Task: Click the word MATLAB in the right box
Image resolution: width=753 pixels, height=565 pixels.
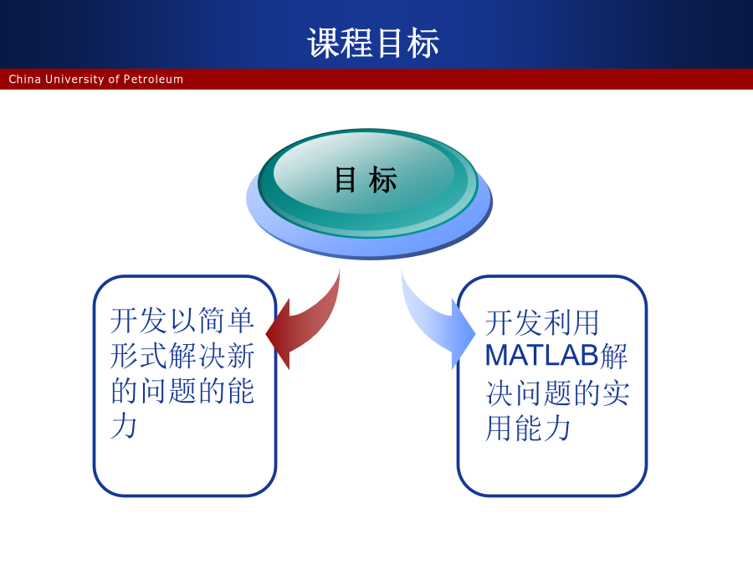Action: pos(542,356)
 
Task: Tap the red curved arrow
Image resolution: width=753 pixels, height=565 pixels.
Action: pos(307,322)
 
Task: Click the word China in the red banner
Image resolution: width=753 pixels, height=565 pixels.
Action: pos(24,79)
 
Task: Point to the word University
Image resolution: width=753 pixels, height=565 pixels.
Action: pos(74,80)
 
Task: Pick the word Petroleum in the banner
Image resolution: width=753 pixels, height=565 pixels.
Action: pos(153,79)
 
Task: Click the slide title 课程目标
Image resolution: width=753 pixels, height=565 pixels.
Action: pos(373,43)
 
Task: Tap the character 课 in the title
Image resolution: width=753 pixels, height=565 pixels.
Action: pos(323,43)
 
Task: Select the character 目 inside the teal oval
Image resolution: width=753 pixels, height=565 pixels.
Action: pos(346,180)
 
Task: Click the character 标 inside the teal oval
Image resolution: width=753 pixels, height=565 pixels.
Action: pos(382,180)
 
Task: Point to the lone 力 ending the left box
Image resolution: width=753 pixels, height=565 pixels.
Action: pos(124,425)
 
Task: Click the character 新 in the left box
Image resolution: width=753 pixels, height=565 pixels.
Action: pos(241,356)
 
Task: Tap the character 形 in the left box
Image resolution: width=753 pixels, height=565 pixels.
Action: pos(125,356)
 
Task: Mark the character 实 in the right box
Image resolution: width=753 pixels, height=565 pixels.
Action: pos(616,393)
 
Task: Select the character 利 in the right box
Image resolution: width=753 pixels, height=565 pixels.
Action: pos(557,322)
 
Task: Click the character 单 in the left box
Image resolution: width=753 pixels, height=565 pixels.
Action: pos(241,321)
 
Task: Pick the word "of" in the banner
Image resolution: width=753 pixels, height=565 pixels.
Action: pos(114,79)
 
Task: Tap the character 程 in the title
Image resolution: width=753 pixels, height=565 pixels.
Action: pos(356,43)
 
